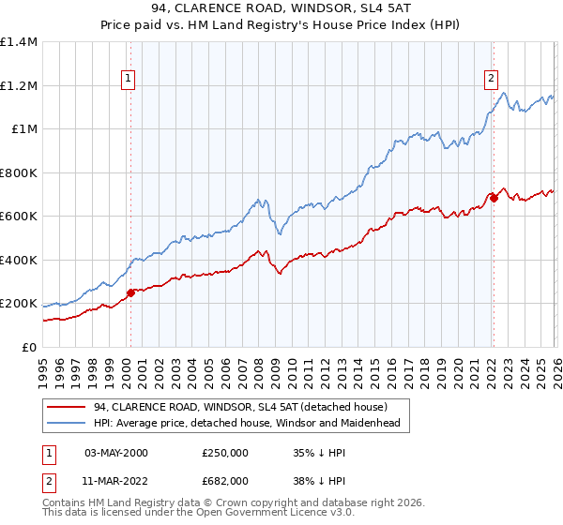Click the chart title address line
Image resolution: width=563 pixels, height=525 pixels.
point(281,10)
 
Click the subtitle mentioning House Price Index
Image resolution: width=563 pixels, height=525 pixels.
point(281,27)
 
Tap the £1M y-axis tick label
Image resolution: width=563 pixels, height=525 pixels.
point(23,129)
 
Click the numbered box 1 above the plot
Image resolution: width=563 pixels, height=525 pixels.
point(128,80)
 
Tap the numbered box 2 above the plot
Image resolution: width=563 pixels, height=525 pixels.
point(490,80)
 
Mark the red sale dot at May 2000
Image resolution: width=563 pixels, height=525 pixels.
point(130,292)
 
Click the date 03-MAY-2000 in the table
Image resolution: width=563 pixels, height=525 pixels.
point(116,452)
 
